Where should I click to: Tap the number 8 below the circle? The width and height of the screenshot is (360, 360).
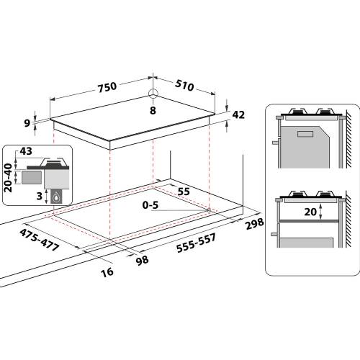coord(153,109)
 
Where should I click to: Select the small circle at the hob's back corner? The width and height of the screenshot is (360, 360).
coord(152,93)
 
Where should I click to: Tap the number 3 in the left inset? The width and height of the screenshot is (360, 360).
coord(39,194)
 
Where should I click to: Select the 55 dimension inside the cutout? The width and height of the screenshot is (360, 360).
coord(184,192)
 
